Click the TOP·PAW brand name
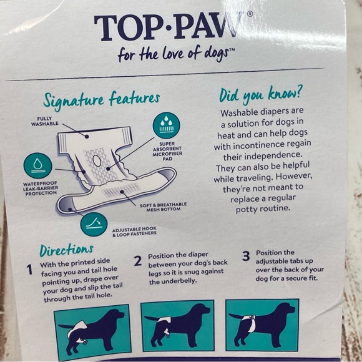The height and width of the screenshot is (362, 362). coord(169,27)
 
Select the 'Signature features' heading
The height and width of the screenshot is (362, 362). coord(101,99)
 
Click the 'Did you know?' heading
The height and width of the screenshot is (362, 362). coord(261,95)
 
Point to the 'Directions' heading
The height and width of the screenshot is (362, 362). coord(67,250)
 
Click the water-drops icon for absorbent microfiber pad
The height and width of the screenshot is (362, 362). coord(166,125)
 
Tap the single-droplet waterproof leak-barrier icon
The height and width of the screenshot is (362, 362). coord(37,166)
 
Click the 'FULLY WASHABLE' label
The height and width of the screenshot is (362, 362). coord(44,120)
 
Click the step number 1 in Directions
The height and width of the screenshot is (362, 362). coord(29,270)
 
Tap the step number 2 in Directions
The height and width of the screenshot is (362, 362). coord(137,261)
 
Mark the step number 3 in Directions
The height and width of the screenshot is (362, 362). coord(246,256)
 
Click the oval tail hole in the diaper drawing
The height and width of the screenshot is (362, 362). coord(97,161)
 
